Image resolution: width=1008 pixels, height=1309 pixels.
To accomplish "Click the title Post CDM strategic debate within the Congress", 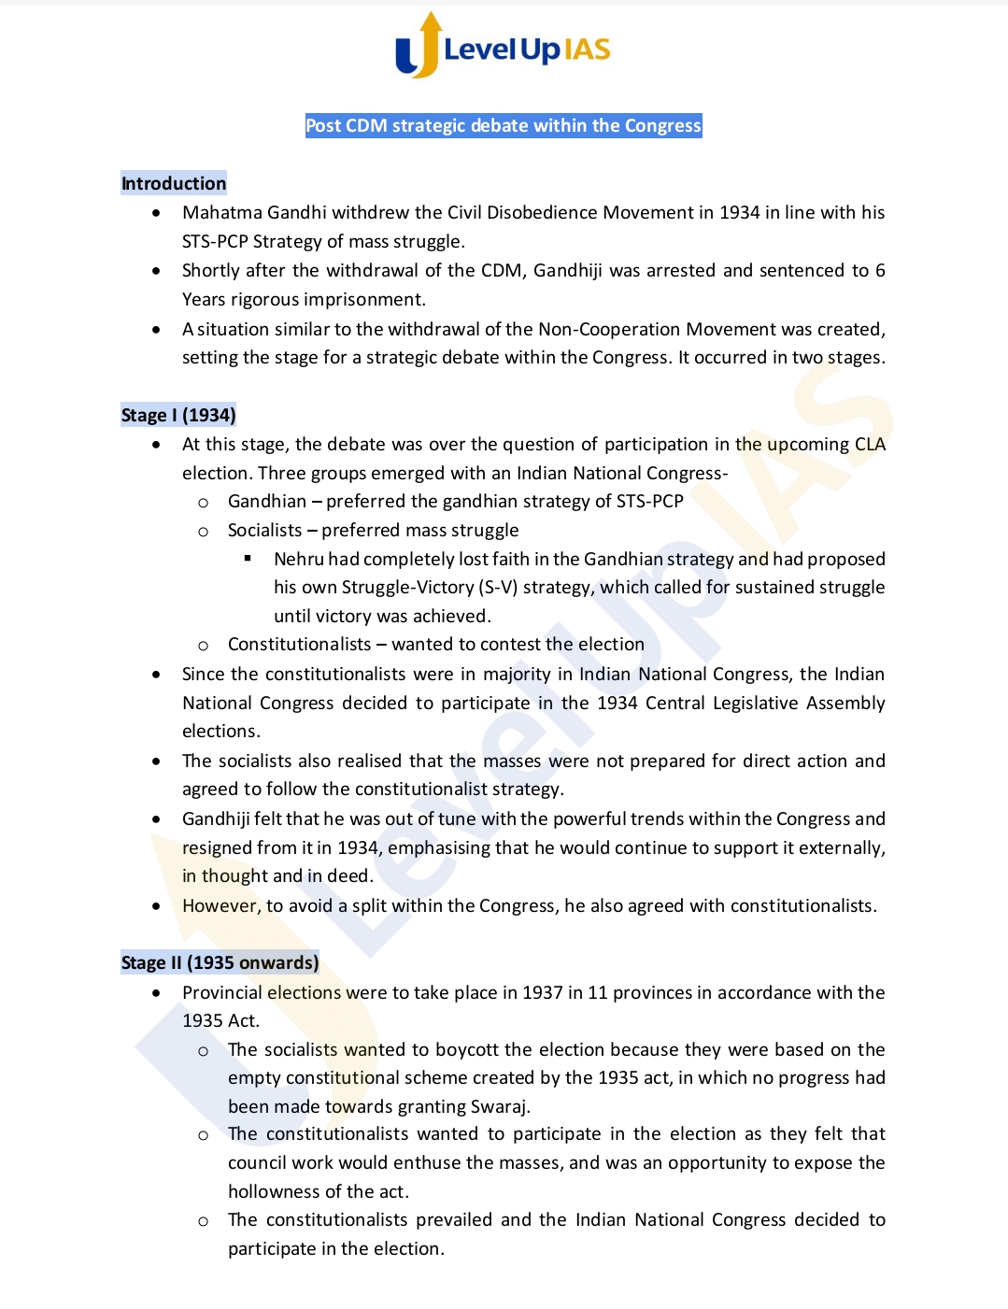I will [503, 125].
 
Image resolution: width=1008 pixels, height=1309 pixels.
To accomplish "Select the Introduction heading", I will [174, 183].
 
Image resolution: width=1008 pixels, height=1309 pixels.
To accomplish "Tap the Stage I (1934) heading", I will [178, 415].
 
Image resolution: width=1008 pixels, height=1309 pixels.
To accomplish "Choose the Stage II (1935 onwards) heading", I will [220, 962].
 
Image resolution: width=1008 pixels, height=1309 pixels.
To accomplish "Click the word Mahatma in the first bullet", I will [221, 212].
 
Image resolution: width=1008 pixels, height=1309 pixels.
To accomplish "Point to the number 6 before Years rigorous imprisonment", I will [880, 270].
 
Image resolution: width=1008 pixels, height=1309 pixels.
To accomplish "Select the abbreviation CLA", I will [870, 444].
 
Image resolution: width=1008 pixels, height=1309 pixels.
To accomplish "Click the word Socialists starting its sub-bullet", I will [265, 530].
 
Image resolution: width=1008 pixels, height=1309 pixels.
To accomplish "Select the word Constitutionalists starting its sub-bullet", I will [299, 644].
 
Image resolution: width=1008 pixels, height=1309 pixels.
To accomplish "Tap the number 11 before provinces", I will [598, 992].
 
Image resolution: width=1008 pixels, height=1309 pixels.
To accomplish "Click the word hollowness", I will [273, 1191].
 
